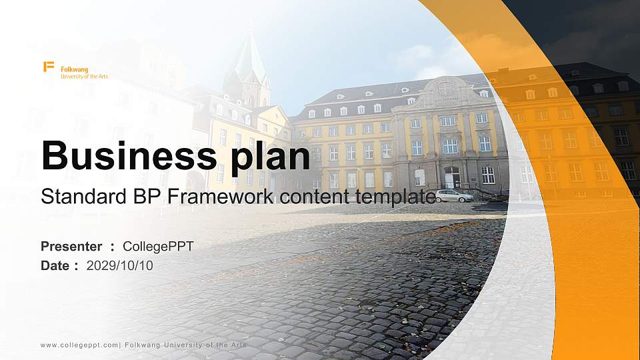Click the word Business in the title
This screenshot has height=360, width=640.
click(x=129, y=155)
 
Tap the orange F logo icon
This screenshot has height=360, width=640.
click(x=49, y=67)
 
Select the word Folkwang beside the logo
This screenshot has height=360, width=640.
click(x=74, y=69)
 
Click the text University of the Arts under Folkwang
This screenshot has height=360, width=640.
click(x=85, y=76)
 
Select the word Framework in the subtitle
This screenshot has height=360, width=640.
click(x=221, y=196)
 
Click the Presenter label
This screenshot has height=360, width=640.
click(x=71, y=246)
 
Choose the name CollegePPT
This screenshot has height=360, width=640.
click(x=158, y=247)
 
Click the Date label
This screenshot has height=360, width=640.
click(x=55, y=266)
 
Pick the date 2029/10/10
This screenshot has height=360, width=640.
click(x=119, y=266)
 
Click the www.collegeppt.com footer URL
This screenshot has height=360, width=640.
click(x=79, y=345)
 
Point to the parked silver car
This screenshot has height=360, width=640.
click(x=454, y=195)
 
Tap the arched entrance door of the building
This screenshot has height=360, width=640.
click(x=452, y=177)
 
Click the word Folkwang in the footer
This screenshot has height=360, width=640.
click(x=143, y=345)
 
